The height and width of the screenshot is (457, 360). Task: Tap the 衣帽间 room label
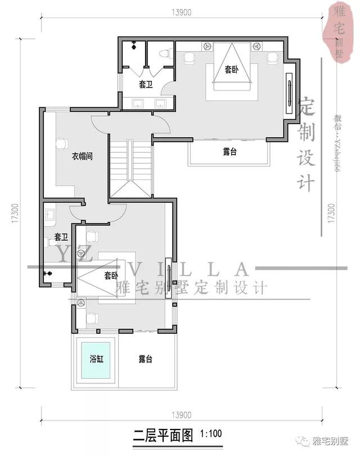click(x=82, y=156)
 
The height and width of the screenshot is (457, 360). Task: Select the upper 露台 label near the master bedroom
click(x=229, y=151)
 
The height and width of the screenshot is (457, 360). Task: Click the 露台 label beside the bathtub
click(x=146, y=359)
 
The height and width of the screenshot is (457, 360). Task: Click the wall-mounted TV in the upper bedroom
click(x=290, y=90)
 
